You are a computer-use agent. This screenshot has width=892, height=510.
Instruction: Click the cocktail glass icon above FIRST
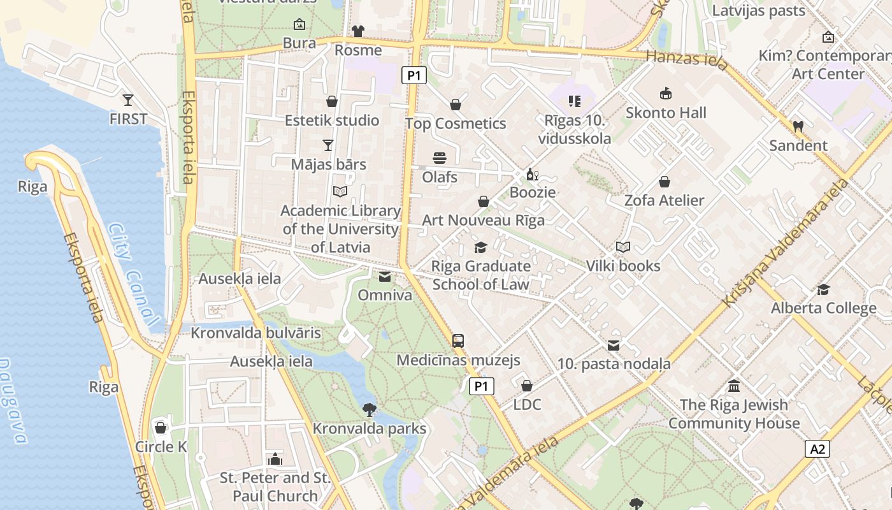pyautogui.click(x=128, y=99)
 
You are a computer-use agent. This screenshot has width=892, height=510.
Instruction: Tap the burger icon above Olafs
pyautogui.click(x=440, y=157)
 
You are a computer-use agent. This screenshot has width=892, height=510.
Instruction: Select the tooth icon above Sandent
pyautogui.click(x=798, y=126)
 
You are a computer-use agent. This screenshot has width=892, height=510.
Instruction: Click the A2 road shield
pyautogui.click(x=817, y=449)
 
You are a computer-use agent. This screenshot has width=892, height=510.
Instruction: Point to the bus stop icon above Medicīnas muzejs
pyautogui.click(x=458, y=340)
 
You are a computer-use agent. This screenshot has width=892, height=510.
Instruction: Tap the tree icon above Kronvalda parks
pyautogui.click(x=369, y=409)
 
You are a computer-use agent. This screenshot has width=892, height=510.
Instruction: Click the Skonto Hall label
pyautogui.click(x=666, y=113)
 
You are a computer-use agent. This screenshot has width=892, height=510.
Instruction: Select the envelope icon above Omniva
pyautogui.click(x=385, y=277)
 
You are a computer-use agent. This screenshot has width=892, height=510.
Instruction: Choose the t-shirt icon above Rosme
pyautogui.click(x=358, y=31)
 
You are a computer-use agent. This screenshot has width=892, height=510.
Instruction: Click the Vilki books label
pyautogui.click(x=622, y=266)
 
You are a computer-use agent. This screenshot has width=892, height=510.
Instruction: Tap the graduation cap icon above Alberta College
pyautogui.click(x=823, y=289)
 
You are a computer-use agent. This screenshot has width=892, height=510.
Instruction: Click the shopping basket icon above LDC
pyautogui.click(x=527, y=386)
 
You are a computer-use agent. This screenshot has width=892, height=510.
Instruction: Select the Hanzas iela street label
pyautogui.click(x=686, y=60)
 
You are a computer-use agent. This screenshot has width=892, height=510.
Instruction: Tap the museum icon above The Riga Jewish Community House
pyautogui.click(x=734, y=386)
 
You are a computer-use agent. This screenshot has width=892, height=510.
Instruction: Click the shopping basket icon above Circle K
pyautogui.click(x=161, y=428)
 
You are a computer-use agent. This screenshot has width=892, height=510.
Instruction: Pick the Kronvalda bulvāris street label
pyautogui.click(x=255, y=333)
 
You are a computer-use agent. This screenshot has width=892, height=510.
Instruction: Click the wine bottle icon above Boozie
pyautogui.click(x=533, y=174)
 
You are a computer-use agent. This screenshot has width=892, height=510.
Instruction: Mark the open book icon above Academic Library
pyautogui.click(x=340, y=191)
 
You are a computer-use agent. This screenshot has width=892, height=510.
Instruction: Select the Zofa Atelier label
pyautogui.click(x=664, y=200)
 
